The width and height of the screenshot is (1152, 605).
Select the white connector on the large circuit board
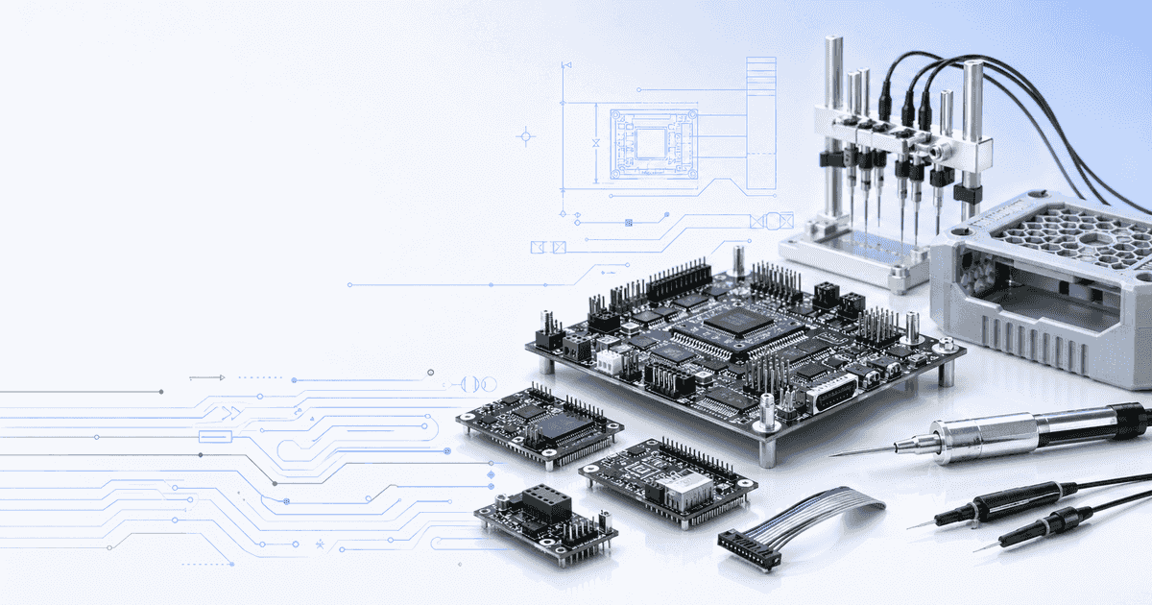click(610, 360)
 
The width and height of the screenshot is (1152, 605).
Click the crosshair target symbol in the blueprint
click(525, 136)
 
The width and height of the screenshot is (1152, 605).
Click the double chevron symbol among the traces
click(231, 412)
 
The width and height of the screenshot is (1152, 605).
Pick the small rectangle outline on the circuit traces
click(215, 437)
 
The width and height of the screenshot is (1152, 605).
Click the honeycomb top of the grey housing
click(1066, 230)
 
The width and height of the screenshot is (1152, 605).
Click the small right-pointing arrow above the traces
click(207, 377)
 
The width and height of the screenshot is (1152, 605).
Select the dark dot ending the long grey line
click(160, 392)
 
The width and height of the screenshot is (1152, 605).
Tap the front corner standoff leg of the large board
click(767, 451)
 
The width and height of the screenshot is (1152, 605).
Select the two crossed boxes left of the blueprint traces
click(547, 247)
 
